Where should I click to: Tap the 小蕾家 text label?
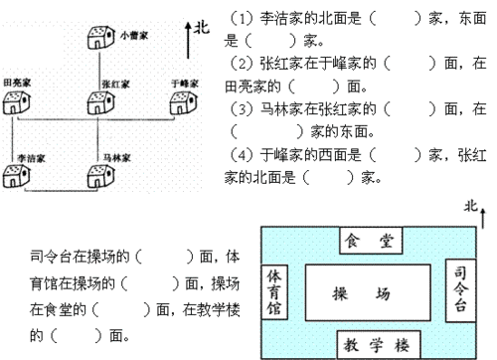(x=133, y=36)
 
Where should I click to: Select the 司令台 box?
(x=458, y=289)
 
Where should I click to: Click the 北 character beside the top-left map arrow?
(x=203, y=30)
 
